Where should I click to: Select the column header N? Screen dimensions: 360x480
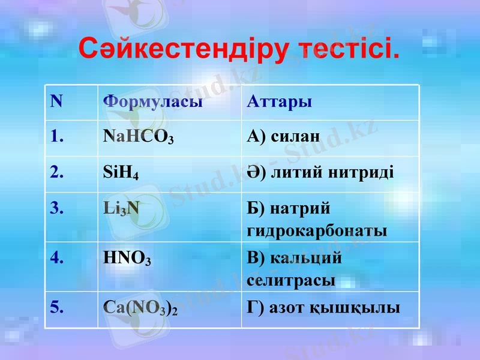[x=56, y=101]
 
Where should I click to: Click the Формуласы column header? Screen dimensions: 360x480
[x=152, y=101]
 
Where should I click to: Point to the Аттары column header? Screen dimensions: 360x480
[x=279, y=101]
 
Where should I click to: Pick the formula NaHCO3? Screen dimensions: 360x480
[x=139, y=137]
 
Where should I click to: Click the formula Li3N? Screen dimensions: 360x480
[x=121, y=208]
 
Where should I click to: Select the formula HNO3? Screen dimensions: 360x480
[x=127, y=258]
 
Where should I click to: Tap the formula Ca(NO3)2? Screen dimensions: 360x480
[x=141, y=308]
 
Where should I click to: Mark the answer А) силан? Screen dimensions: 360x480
[x=283, y=136]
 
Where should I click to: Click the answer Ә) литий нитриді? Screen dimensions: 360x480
[x=320, y=172]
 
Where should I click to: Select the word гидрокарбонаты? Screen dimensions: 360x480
[x=317, y=231]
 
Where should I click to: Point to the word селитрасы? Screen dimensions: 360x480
[x=291, y=280]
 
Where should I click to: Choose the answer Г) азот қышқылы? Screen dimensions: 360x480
[x=323, y=308]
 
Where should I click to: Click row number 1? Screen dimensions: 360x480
[x=57, y=136]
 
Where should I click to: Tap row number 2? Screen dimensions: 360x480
[x=58, y=172]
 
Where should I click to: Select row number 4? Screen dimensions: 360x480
[x=58, y=257]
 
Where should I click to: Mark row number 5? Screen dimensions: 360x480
[x=58, y=307]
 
